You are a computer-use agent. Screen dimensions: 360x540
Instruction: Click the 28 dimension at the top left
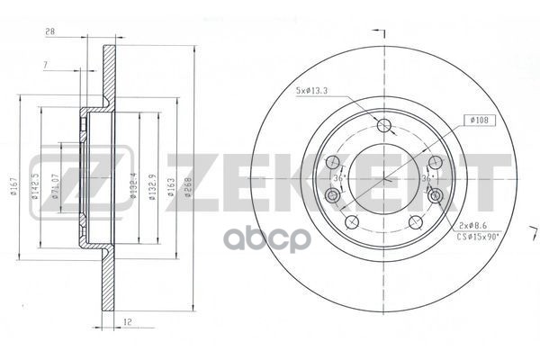(50, 33)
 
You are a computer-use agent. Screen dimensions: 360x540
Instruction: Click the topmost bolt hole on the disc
(385, 126)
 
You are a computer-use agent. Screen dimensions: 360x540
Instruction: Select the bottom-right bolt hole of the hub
(416, 221)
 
